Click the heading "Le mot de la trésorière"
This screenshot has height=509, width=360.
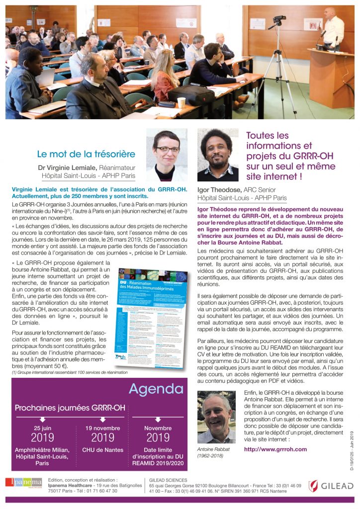click(86, 154)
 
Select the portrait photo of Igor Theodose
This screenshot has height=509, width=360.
click(218, 155)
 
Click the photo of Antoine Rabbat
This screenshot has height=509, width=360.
click(216, 417)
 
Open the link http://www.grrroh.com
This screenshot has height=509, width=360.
click(275, 449)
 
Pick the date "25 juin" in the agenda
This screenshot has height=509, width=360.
click(42, 428)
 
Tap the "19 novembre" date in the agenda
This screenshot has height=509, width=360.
click(103, 428)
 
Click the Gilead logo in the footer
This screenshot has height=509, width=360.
click(330, 486)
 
